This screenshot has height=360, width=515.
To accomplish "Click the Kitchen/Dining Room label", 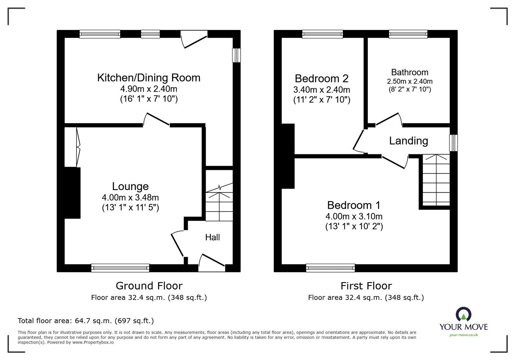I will click(x=149, y=78).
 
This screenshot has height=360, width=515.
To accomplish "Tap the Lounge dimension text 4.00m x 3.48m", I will click(x=130, y=197).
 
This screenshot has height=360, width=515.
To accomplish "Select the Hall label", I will click(x=212, y=237).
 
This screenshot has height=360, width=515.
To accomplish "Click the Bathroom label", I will click(x=409, y=72).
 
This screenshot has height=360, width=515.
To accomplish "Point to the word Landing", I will click(x=408, y=141).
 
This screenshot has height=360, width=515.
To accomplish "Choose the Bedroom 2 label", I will click(x=322, y=78).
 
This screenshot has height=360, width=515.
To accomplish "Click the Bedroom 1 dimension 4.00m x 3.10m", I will click(x=354, y=216).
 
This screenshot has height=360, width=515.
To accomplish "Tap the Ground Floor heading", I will click(x=149, y=286).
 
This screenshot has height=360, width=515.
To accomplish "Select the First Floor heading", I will click(x=366, y=286).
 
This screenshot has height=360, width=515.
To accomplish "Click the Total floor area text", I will click(x=86, y=321).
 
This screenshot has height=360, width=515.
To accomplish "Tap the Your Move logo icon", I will click(x=464, y=314).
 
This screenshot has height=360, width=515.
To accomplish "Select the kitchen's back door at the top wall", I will click(x=194, y=39).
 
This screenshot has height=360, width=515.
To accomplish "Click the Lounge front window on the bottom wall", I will click(x=120, y=267).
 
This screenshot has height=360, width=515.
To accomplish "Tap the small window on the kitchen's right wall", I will click(x=237, y=55).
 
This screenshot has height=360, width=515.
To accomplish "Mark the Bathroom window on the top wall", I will click(x=408, y=34).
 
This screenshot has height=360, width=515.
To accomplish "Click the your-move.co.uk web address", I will click(x=464, y=335).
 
